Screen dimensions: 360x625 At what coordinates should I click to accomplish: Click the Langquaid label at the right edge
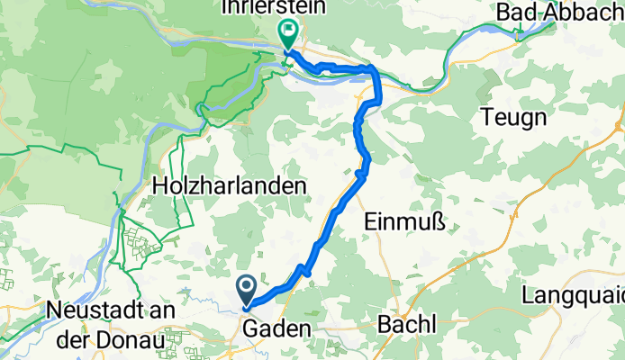pyautogui.click(x=576, y=295)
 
